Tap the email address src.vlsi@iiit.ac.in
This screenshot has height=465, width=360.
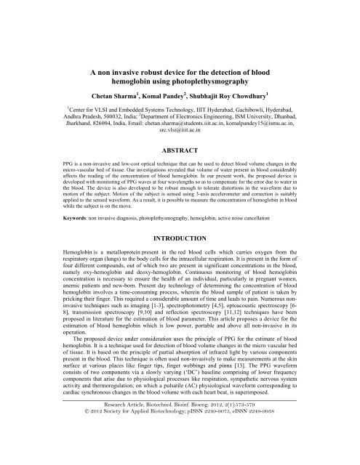tap(179, 134)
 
